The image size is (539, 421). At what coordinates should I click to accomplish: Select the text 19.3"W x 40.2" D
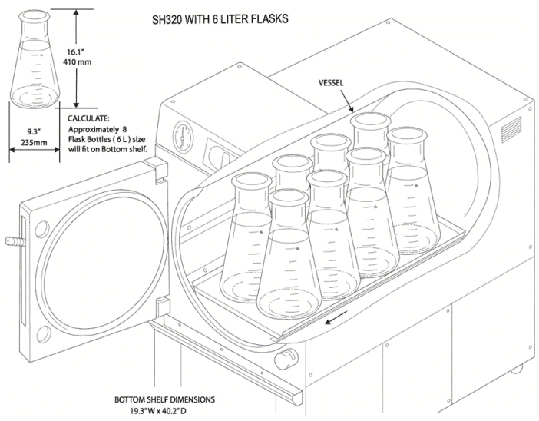click(x=164, y=411)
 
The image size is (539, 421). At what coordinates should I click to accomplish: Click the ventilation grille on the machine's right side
click(x=511, y=131)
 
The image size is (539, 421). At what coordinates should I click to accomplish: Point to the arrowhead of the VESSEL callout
click(x=351, y=112)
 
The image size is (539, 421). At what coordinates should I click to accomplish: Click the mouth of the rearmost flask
click(x=369, y=120)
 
